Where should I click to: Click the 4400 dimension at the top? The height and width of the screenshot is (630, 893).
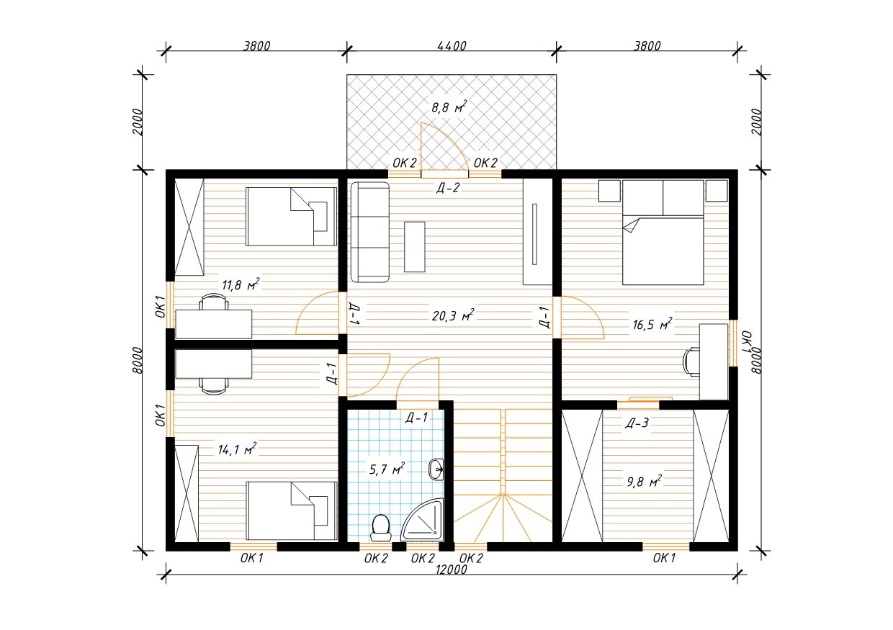pyautogui.click(x=452, y=46)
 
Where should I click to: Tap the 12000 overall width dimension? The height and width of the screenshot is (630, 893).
pyautogui.click(x=452, y=570)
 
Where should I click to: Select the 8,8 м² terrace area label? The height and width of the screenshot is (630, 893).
pyautogui.click(x=449, y=107)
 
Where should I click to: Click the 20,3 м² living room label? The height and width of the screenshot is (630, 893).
pyautogui.click(x=453, y=315)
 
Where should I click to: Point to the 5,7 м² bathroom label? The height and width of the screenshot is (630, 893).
pyautogui.click(x=387, y=469)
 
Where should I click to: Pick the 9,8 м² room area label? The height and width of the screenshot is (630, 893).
pyautogui.click(x=645, y=482)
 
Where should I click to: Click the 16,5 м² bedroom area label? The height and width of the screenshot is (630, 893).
pyautogui.click(x=652, y=324)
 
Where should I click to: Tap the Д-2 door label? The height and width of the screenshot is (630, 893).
pyautogui.click(x=448, y=187)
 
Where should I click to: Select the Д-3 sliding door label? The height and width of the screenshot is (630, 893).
pyautogui.click(x=637, y=423)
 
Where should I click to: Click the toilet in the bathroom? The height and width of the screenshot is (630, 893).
pyautogui.click(x=380, y=528)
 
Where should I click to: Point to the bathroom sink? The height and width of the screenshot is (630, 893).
pyautogui.click(x=436, y=469)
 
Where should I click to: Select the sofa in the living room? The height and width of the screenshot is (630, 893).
pyautogui.click(x=369, y=233)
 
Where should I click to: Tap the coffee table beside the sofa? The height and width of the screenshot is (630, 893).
pyautogui.click(x=415, y=247)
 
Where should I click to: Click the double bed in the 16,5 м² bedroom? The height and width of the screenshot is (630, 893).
pyautogui.click(x=663, y=233)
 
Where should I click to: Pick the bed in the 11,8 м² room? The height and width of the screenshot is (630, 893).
pyautogui.click(x=292, y=217)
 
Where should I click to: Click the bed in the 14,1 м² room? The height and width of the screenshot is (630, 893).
pyautogui.click(x=292, y=511)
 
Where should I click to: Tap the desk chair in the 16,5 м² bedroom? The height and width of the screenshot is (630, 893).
pyautogui.click(x=691, y=361)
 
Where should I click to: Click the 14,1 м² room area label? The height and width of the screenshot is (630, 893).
pyautogui.click(x=237, y=449)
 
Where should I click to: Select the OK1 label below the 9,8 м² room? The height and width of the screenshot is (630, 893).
pyautogui.click(x=664, y=558)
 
